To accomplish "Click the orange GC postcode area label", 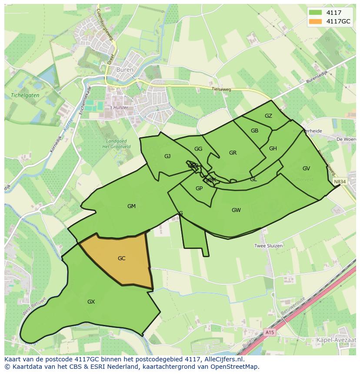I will pyautogui.click(x=121, y=258).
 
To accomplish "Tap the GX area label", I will pyautogui.click(x=91, y=302).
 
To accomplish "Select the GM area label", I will pyautogui.click(x=131, y=206).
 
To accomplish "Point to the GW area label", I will pyautogui.click(x=236, y=210).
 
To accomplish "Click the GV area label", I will pyautogui.click(x=306, y=169).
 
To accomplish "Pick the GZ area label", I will pyautogui.click(x=268, y=116).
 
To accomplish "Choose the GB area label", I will pyautogui.click(x=254, y=131).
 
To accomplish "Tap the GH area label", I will pyautogui.click(x=273, y=149).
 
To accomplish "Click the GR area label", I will pyautogui.click(x=233, y=153).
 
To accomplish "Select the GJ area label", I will pyautogui.click(x=167, y=156).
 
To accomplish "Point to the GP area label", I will pyautogui.click(x=199, y=189).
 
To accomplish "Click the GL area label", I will pyautogui.click(x=253, y=179).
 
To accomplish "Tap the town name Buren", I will pyautogui.click(x=127, y=70).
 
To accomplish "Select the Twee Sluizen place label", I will pyautogui.click(x=268, y=246).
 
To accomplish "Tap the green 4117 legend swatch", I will pyautogui.click(x=316, y=13).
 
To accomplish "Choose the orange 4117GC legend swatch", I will pyautogui.click(x=316, y=21).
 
